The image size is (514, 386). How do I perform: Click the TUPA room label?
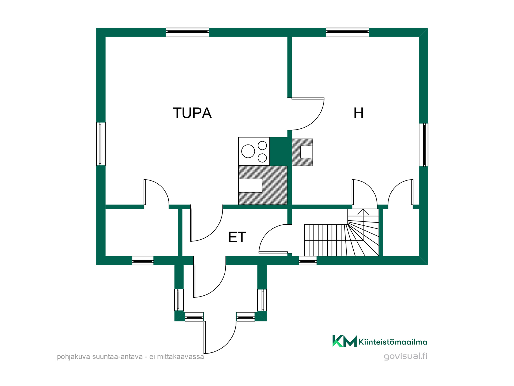tap(192, 113)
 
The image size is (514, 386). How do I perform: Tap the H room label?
tap(358, 113)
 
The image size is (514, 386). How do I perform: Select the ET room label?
tap(237, 237)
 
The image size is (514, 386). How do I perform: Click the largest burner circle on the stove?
tap(248, 151)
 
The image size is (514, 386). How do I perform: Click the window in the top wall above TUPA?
tap(187, 32)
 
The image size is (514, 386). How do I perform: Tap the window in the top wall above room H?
tap(347, 32)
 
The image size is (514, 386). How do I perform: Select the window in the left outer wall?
tap(101, 144)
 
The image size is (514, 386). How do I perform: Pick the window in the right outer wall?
tap(424, 145)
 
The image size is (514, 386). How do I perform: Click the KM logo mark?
tap(345, 341)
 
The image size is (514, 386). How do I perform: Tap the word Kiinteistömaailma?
tap(393, 342)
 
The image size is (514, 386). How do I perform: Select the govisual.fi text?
tap(406, 356)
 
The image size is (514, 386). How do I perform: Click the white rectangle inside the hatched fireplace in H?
tap(307, 152)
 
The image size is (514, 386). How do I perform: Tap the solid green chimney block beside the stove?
tap(278, 151)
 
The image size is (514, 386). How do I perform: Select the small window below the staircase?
tap(308, 261)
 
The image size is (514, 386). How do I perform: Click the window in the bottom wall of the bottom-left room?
tap(143, 261)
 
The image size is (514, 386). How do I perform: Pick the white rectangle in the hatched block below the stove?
tap(250, 185)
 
